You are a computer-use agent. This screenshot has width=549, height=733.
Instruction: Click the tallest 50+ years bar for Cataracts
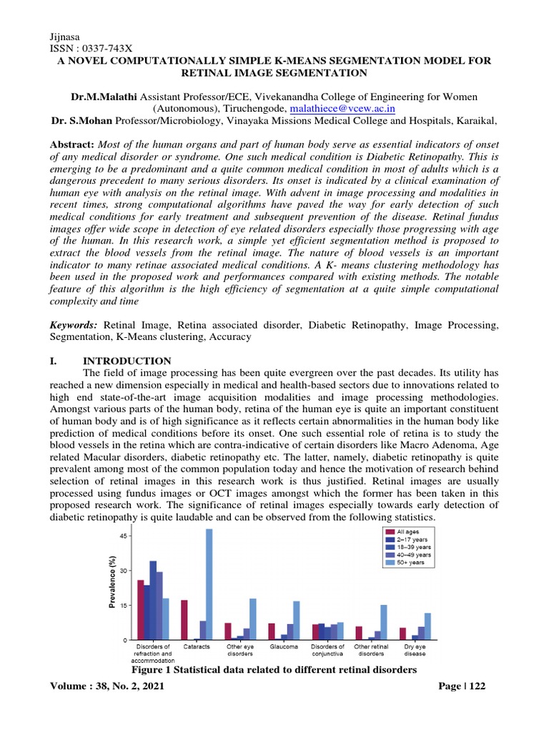209,584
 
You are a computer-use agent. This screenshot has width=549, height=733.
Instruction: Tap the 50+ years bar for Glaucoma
296,620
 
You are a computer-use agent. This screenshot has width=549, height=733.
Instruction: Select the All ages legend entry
400,531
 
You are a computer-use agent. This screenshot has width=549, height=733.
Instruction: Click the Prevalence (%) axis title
112,583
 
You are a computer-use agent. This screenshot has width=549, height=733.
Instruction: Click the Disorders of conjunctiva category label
327,650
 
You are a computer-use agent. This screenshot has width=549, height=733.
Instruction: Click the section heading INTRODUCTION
127,360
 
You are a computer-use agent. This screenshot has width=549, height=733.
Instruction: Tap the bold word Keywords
74,324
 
